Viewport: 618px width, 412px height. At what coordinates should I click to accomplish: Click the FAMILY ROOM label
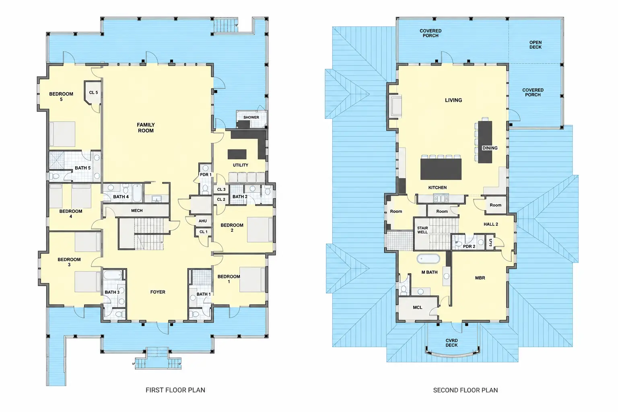pyautogui.click(x=146, y=128)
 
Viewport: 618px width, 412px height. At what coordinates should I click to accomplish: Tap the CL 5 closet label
pyautogui.click(x=93, y=93)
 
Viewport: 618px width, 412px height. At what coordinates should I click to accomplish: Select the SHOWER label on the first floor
pyautogui.click(x=251, y=117)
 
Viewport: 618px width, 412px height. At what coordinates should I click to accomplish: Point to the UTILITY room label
pyautogui.click(x=240, y=165)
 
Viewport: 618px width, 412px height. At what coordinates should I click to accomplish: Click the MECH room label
pyautogui.click(x=137, y=210)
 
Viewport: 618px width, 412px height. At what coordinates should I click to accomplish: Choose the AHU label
pyautogui.click(x=203, y=221)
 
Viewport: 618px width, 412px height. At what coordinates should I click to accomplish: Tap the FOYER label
pyautogui.click(x=158, y=292)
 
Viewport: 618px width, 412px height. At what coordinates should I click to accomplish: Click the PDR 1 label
pyautogui.click(x=206, y=175)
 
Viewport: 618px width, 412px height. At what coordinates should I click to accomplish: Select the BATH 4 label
pyautogui.click(x=121, y=197)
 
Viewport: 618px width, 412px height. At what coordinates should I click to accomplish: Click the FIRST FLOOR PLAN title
pyautogui.click(x=175, y=390)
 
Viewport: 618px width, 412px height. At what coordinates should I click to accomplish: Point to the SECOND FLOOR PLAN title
pyautogui.click(x=466, y=390)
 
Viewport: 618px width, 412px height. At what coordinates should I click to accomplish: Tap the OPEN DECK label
pyautogui.click(x=535, y=45)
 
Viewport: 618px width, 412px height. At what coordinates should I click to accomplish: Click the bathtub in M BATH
pyautogui.click(x=428, y=259)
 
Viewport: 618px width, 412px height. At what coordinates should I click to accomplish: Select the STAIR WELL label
pyautogui.click(x=422, y=230)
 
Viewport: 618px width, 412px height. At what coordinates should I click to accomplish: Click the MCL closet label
pyautogui.click(x=417, y=307)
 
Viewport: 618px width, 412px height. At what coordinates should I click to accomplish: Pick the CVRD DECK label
pyautogui.click(x=452, y=343)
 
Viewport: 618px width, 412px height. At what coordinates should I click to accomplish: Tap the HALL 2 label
pyautogui.click(x=491, y=224)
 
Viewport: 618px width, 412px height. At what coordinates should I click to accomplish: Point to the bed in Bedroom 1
pyautogui.click(x=252, y=279)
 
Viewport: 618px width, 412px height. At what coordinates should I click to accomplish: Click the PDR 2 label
pyautogui.click(x=469, y=246)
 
